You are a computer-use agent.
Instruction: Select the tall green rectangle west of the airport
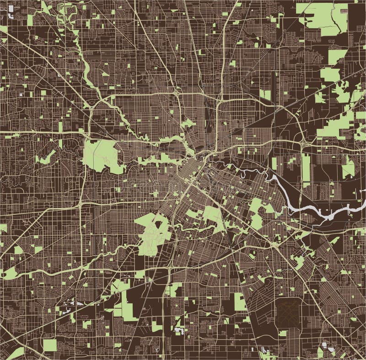tap(240, 301)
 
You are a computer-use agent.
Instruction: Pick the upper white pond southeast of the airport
tap(325, 344)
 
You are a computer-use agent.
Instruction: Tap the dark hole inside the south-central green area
tap(160, 224)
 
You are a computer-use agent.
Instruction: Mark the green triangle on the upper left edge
tap(4, 29)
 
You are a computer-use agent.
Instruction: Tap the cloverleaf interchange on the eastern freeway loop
tap(304, 144)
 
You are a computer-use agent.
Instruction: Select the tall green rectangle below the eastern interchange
tap(306, 170)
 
